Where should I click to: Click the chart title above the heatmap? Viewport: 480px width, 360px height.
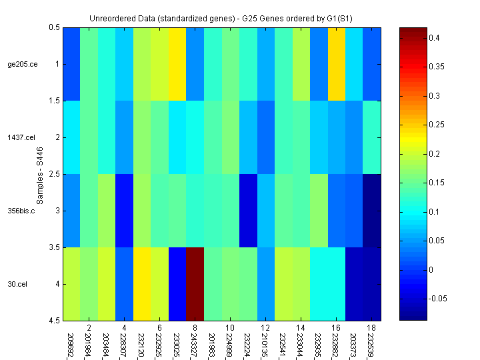click(x=230, y=19)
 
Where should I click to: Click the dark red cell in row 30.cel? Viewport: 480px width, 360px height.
click(x=194, y=283)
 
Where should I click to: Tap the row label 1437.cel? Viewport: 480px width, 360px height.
click(x=21, y=137)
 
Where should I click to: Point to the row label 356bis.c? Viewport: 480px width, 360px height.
click(x=21, y=211)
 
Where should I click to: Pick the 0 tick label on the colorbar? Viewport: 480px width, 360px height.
click(x=431, y=270)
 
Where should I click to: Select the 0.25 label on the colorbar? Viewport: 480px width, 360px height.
click(x=437, y=125)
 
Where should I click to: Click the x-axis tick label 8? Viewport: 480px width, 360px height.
click(x=194, y=329)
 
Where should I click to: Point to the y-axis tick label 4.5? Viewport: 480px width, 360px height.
click(x=55, y=321)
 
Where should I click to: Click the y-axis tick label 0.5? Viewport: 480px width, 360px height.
click(x=55, y=28)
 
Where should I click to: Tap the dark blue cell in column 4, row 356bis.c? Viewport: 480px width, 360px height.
click(x=124, y=211)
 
